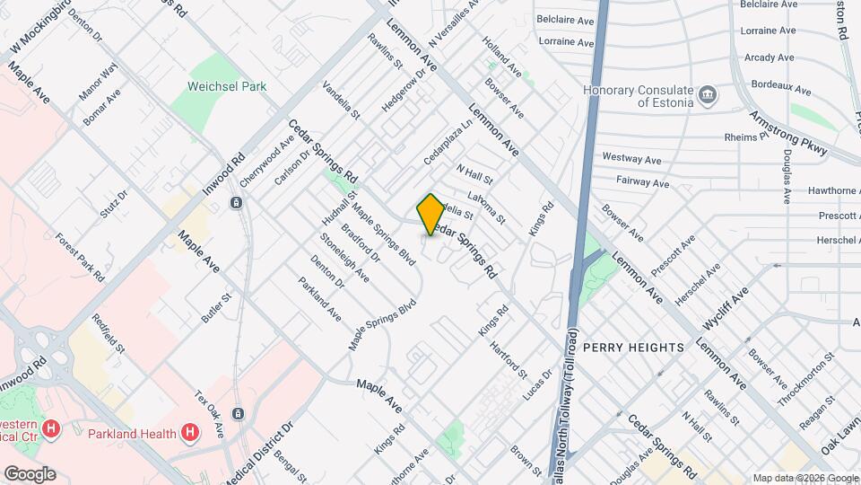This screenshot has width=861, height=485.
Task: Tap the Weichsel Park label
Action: click(x=227, y=87)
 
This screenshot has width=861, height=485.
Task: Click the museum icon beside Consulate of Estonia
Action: click(x=708, y=93)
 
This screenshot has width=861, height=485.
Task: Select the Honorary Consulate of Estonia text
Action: click(x=638, y=96)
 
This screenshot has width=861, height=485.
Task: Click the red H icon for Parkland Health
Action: click(x=189, y=434)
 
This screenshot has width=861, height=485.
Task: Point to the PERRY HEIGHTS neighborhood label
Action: click(x=633, y=347)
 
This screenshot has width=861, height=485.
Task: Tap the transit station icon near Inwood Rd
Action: click(x=235, y=203)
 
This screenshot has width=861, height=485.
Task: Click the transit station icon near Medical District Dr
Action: click(x=238, y=414)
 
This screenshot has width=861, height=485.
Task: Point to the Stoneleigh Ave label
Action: click(x=344, y=258)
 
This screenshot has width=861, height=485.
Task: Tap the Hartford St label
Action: click(x=509, y=357)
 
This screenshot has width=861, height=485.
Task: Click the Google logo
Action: click(x=30, y=473)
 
